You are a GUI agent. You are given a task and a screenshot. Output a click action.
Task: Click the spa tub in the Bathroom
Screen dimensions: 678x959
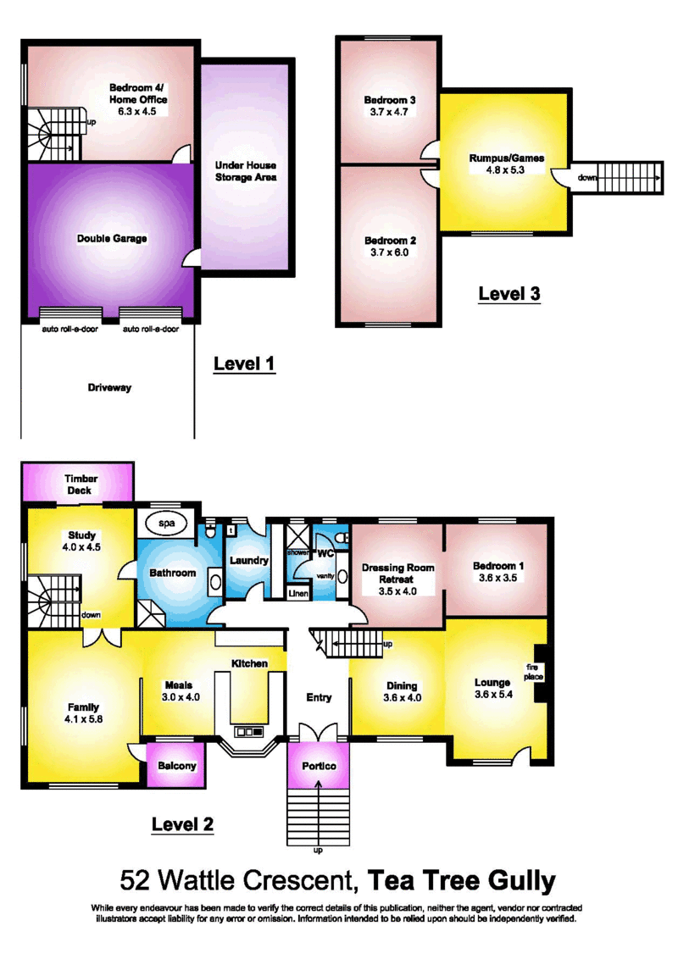167,523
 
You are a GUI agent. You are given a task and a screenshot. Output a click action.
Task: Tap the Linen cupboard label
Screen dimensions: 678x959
298,593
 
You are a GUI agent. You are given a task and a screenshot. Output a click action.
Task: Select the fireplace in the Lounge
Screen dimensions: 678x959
541,673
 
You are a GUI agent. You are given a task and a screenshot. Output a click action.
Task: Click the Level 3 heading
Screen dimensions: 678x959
509,294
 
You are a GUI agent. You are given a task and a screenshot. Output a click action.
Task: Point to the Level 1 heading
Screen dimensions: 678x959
244,364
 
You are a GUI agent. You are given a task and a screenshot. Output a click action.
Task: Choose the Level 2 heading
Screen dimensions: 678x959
182,824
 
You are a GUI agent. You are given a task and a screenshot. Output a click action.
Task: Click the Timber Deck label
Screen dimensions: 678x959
81,485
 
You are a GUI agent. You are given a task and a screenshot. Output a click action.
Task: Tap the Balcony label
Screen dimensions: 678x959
177,766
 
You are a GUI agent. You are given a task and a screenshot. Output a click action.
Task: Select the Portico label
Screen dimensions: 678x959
319,766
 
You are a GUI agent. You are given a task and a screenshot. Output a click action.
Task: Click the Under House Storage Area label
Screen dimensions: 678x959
246,171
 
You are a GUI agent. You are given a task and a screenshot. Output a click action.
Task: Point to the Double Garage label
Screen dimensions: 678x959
112,239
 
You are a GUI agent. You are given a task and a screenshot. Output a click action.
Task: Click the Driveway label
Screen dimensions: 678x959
109,388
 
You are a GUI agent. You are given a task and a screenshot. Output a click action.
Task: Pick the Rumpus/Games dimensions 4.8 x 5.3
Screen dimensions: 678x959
505,170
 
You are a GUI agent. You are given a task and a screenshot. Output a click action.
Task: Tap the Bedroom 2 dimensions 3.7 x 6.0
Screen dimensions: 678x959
389,252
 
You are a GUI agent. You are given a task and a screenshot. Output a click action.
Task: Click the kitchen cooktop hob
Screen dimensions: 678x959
249,731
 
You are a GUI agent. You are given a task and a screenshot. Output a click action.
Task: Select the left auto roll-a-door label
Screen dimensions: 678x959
69,329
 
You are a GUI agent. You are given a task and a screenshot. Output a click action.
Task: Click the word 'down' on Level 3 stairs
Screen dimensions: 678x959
587,178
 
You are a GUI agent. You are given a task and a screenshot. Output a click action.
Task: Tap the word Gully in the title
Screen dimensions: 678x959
521,882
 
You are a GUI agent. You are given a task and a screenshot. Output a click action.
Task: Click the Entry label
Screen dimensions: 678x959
319,697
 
